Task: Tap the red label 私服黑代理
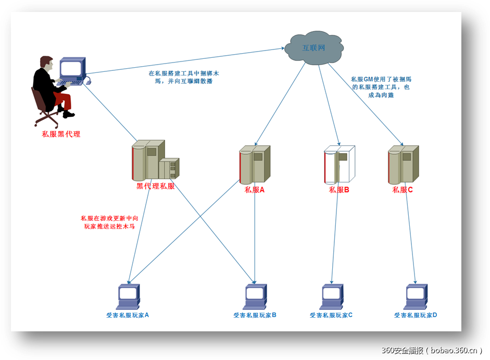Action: (61, 134)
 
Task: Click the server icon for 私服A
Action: (255, 164)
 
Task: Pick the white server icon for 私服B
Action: (339, 164)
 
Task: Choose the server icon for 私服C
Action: (403, 164)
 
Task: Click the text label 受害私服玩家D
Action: (415, 315)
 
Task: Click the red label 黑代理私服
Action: (156, 186)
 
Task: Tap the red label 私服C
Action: (403, 190)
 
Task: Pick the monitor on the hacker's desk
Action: (71, 69)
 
